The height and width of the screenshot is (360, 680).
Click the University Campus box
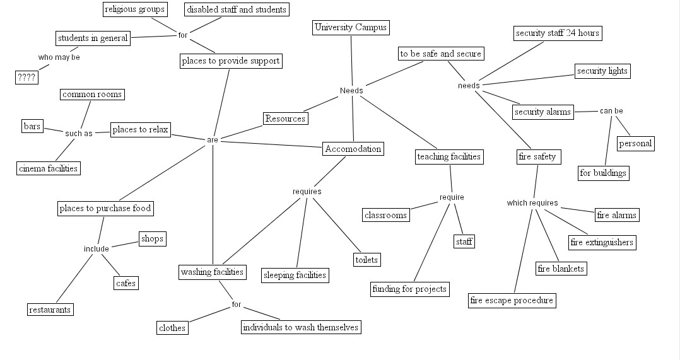[351, 28]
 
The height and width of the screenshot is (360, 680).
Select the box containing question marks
[26, 78]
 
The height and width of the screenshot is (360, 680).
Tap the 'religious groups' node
[134, 9]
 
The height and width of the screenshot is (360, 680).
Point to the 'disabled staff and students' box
[237, 9]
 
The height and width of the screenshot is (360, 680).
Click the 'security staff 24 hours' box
[557, 33]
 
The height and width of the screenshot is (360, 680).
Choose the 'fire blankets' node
[561, 269]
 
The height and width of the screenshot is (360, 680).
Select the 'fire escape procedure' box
[512, 300]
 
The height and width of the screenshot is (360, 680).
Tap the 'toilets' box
[366, 259]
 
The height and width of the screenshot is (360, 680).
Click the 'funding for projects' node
[410, 289]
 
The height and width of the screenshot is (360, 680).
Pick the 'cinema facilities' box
[49, 168]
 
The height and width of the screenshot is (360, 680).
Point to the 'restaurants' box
[50, 310]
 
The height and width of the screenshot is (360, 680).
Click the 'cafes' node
[126, 283]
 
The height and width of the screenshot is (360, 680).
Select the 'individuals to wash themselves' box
[301, 327]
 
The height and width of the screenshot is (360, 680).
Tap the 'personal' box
[635, 143]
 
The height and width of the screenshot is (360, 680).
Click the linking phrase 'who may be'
[59, 57]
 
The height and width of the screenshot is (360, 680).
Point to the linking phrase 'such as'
[79, 133]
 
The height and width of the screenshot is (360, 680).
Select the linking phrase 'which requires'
[532, 203]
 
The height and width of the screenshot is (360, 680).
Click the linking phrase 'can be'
[611, 111]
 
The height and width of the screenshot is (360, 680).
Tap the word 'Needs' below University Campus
[351, 91]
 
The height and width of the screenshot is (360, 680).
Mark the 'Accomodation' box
[353, 149]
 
